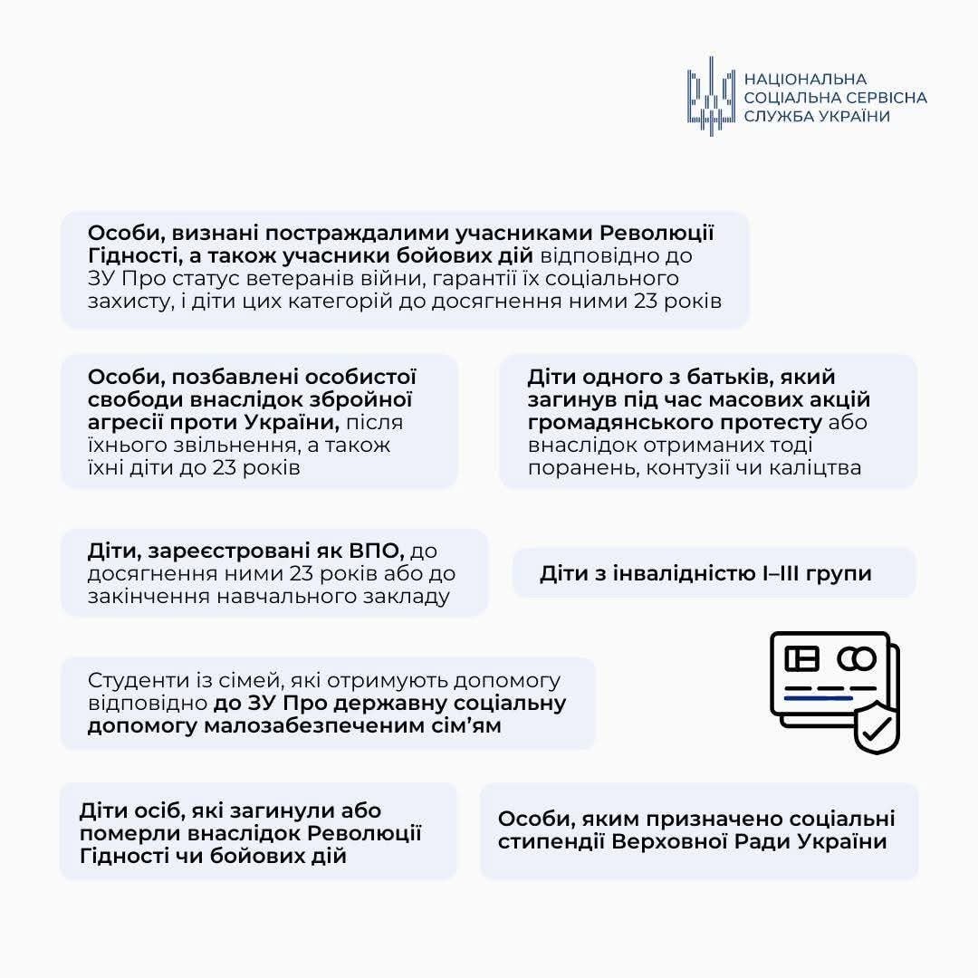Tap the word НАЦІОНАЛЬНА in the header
coord(805,79)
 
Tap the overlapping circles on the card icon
coord(856,658)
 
